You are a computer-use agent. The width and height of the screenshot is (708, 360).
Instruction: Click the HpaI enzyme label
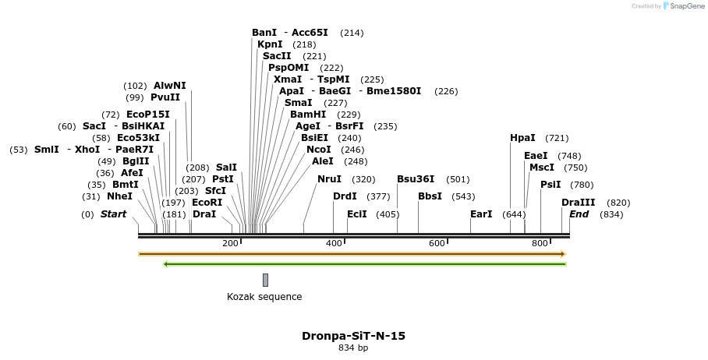(522, 138)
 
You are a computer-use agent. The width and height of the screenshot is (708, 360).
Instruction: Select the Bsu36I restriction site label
(416, 179)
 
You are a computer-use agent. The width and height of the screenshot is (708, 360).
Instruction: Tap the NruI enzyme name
(329, 179)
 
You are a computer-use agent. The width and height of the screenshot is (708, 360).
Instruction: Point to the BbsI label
(430, 196)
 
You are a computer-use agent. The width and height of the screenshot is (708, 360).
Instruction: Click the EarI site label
(481, 214)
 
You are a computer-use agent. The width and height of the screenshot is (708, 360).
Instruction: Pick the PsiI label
(550, 185)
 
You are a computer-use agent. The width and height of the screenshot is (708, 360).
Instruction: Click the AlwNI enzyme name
(170, 86)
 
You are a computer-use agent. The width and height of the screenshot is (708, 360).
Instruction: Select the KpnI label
(270, 44)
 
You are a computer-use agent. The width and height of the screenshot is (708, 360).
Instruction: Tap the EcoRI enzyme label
(207, 203)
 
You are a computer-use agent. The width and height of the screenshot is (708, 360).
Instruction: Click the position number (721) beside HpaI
(557, 138)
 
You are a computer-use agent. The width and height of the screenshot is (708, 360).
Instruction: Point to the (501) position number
(458, 179)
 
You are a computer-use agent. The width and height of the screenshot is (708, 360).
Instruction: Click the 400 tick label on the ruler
(334, 243)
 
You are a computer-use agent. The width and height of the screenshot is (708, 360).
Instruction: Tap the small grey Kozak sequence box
(265, 280)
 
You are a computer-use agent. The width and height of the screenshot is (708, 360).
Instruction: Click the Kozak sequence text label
(264, 297)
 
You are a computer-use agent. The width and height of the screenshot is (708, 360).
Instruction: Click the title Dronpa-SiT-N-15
(353, 336)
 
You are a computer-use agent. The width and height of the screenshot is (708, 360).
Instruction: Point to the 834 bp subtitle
(353, 348)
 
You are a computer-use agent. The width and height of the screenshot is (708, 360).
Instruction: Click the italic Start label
(113, 214)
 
